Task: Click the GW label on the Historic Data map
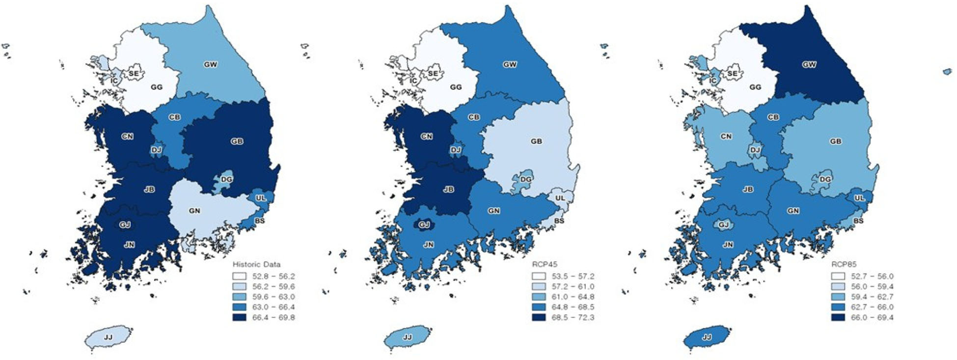210,64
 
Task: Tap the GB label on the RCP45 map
536,141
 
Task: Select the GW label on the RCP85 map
809,64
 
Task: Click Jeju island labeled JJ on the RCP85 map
707,337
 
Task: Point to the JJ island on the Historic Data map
108,337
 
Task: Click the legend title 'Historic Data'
256,264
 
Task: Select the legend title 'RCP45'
545,264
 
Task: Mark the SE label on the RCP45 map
433,74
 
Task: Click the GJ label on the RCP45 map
424,224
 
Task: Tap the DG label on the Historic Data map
226,180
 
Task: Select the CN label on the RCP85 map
726,136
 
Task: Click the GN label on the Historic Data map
194,211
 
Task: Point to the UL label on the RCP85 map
859,198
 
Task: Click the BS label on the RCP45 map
559,221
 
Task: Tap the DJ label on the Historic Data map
157,150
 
